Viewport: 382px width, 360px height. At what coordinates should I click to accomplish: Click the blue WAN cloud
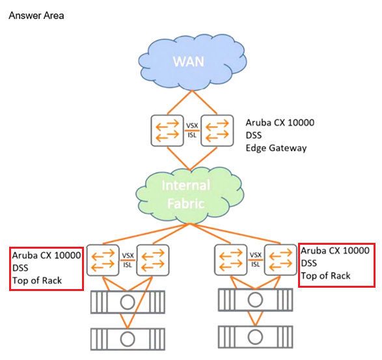(193, 62)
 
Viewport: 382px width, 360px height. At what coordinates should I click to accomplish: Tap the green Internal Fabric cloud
(190, 195)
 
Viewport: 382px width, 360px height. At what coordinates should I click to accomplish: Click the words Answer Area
(36, 16)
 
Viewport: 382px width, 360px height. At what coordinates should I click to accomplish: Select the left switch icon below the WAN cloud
(167, 131)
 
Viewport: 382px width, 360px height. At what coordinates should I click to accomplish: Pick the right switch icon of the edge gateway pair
(217, 131)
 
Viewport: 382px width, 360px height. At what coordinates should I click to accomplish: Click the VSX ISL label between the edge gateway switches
(192, 130)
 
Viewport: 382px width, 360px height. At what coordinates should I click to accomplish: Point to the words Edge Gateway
(276, 148)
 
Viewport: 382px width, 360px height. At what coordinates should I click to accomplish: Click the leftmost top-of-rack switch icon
(103, 260)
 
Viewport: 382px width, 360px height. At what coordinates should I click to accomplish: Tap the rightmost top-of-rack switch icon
(280, 260)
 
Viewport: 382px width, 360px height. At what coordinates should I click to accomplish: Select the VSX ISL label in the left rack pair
(128, 260)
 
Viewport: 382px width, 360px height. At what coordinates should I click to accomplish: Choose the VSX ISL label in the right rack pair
(256, 260)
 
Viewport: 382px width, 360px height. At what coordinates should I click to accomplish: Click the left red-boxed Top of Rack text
(37, 281)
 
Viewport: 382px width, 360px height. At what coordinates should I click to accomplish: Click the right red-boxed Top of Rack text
(325, 275)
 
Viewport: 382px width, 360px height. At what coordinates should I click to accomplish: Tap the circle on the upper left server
(128, 302)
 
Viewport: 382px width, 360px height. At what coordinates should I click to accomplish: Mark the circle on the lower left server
(128, 339)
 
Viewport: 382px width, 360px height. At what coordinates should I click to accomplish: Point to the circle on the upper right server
(255, 300)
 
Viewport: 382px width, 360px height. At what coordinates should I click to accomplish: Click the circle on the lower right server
(255, 337)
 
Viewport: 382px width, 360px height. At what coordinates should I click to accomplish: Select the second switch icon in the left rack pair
(153, 260)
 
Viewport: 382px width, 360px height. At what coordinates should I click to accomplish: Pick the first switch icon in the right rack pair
(231, 260)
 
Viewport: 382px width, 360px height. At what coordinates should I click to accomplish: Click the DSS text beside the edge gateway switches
(254, 135)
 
